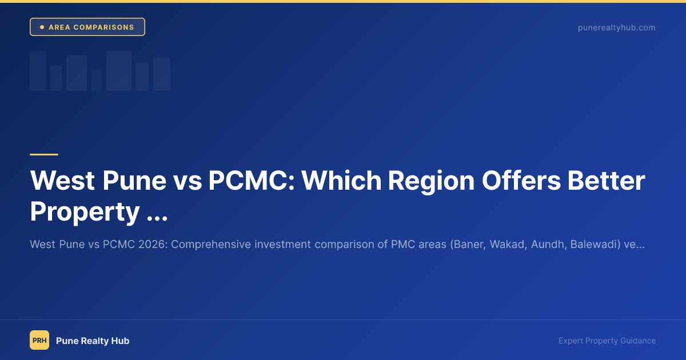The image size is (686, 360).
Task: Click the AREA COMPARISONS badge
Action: click(x=87, y=27)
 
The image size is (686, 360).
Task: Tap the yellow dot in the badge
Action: click(x=42, y=27)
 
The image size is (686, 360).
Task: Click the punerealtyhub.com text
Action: click(x=616, y=27)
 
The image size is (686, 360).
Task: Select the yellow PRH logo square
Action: click(x=39, y=340)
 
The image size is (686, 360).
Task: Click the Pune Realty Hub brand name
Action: click(x=93, y=341)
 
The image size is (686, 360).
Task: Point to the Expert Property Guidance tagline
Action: click(x=607, y=341)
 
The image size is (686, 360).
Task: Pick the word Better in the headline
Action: click(x=611, y=181)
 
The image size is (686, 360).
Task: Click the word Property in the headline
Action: click(x=85, y=212)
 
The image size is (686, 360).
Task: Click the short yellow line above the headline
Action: click(x=44, y=154)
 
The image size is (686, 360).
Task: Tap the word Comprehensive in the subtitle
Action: click(x=210, y=245)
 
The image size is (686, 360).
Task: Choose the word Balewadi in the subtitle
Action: click(x=593, y=245)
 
